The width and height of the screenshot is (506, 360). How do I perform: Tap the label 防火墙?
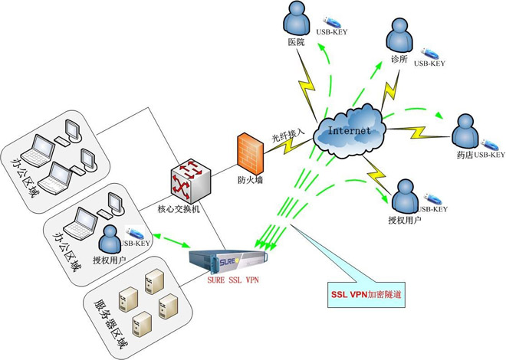coord(251,182)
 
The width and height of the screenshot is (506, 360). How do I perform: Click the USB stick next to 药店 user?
coord(491,142)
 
